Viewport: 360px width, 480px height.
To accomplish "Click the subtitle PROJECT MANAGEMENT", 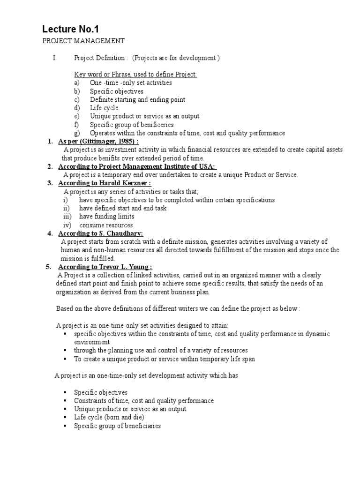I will tap(83, 41).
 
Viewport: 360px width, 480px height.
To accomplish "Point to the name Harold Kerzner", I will tap(127, 183).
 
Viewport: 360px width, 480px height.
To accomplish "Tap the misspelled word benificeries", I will tap(150, 125).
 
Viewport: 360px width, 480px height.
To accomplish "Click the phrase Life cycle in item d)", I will tap(104, 108).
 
